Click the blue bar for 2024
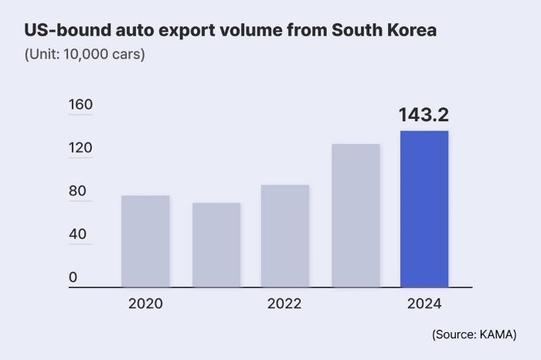[x=424, y=209]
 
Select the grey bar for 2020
[x=145, y=241]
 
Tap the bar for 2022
[x=284, y=236]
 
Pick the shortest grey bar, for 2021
[x=216, y=245]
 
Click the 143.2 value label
[x=424, y=115]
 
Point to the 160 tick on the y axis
[x=80, y=105]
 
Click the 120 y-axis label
[x=80, y=148]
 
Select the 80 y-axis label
[x=78, y=191]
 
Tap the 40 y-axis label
[x=78, y=234]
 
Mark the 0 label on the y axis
[x=73, y=277]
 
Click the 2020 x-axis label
[x=145, y=304]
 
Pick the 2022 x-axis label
[x=284, y=304]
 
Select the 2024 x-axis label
[x=424, y=304]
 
